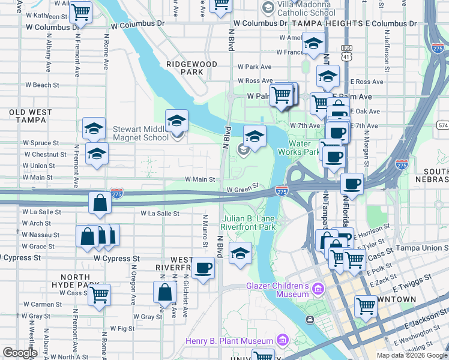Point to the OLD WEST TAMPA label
tap(28, 116)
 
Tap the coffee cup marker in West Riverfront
tap(203, 268)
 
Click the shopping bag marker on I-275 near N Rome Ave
tap(100, 204)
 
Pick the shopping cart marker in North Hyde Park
tap(99, 295)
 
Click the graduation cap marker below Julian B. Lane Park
tap(241, 254)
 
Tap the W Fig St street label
tap(122, 329)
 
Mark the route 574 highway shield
tap(443, 125)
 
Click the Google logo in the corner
tap(20, 353)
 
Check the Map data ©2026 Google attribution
tap(412, 355)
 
